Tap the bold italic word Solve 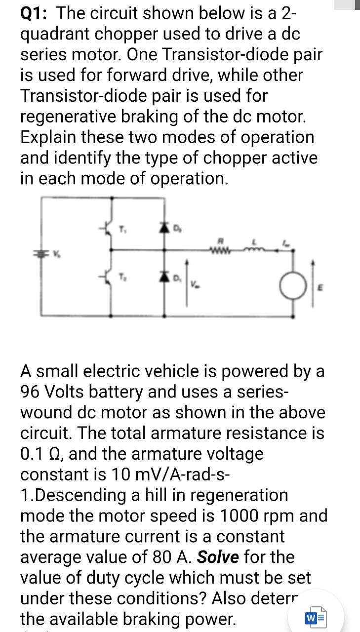[x=218, y=557]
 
